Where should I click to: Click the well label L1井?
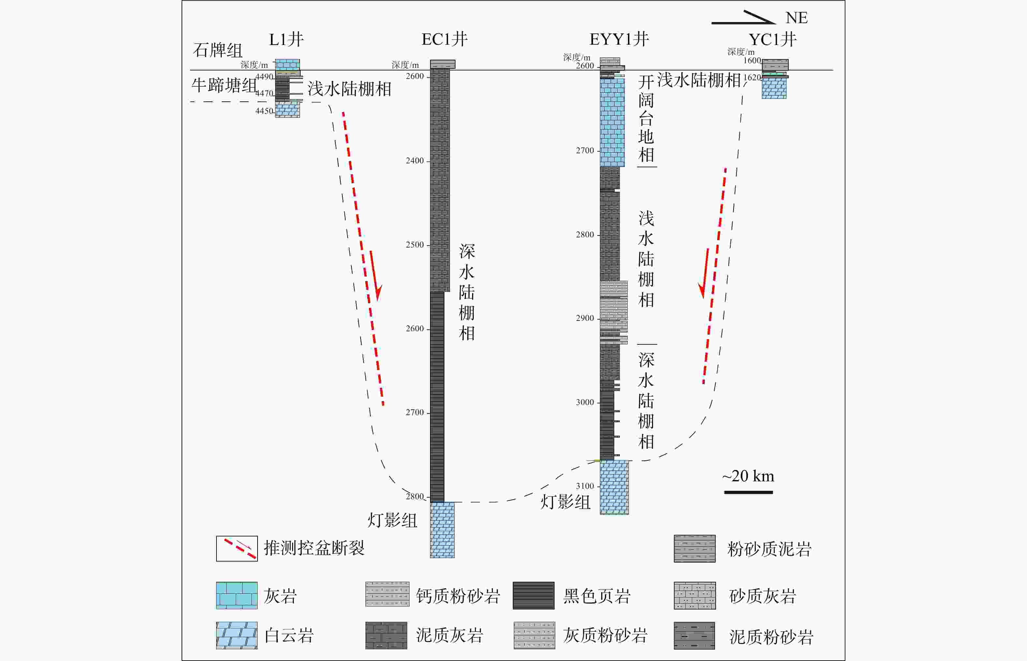pos(286,39)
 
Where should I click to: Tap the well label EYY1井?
pos(619,39)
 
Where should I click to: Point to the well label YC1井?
pos(772,39)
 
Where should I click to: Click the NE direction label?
pos(796,18)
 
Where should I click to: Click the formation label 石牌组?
pos(217,50)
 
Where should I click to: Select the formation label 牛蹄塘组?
pos(224,85)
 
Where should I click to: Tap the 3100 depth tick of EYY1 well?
pos(585,486)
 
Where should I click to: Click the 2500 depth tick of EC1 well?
pos(415,245)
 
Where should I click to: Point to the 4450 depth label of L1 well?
pos(264,111)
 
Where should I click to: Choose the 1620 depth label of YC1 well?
pos(752,77)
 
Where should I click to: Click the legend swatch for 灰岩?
pos(236,595)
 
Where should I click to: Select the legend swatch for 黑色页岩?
pos(533,595)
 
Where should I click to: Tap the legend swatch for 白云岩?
pos(236,635)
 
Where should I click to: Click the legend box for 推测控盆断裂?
pos(236,548)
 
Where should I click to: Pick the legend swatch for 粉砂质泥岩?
pos(694,548)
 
